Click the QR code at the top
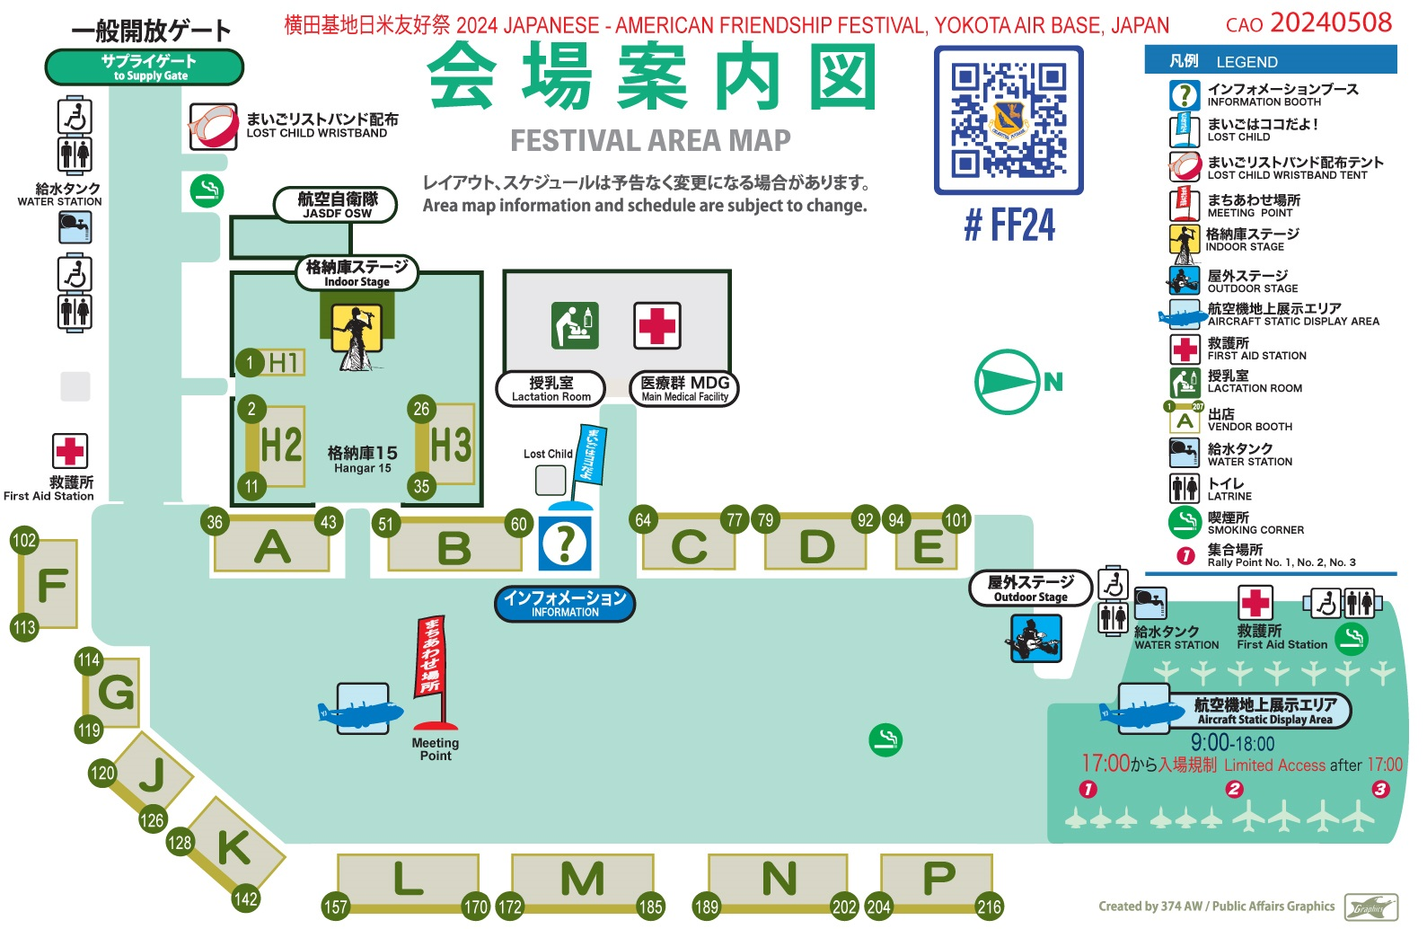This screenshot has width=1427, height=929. [1009, 119]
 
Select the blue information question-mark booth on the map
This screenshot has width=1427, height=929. [565, 543]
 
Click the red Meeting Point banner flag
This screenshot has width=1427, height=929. [430, 659]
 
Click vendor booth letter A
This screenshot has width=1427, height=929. [272, 546]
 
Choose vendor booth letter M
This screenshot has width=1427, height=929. [582, 879]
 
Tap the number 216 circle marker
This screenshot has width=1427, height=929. [989, 907]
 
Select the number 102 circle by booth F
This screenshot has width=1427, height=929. [24, 540]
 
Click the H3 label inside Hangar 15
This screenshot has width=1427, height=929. [450, 445]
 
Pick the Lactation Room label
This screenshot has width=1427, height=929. [551, 388]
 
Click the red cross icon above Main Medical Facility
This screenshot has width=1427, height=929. [657, 325]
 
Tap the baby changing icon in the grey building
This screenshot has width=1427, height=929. [575, 325]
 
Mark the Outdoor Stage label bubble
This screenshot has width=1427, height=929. [1030, 588]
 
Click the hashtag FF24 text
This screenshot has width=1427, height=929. [1009, 225]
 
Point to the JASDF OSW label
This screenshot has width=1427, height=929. [337, 205]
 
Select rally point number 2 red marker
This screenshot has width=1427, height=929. [1234, 789]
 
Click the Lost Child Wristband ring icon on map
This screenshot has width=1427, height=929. [213, 126]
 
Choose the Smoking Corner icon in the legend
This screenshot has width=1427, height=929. [1185, 521]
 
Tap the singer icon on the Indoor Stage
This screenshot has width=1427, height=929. [357, 334]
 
